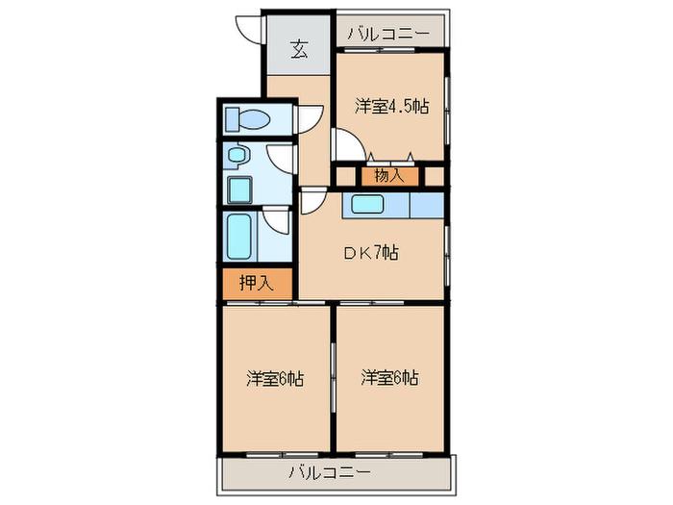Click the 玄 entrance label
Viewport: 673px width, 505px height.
pos(300,49)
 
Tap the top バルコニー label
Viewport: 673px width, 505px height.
pos(388,33)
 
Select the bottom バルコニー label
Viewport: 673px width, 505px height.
pos(329,473)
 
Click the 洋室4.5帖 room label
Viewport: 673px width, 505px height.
pos(392,106)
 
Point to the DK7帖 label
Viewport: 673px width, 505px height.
pos(372,252)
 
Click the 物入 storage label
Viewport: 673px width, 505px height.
pos(389,175)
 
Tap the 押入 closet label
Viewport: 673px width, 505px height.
pos(257,283)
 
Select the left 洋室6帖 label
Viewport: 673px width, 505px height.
pos(275,379)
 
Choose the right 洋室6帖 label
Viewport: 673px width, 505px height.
pos(389,378)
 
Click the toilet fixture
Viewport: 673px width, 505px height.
pos(247,118)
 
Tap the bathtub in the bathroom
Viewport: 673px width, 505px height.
pos(239,237)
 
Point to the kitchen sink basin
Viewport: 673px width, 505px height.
pos(367,204)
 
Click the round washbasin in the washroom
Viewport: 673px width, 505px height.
pos(237,154)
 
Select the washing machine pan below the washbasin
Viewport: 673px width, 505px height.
pos(239,189)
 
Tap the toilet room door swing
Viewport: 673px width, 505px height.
pos(310,119)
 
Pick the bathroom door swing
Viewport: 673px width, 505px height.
pos(276,220)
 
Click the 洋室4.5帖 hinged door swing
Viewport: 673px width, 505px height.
pos(348,144)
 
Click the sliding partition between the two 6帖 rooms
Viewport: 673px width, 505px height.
pos(333,378)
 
